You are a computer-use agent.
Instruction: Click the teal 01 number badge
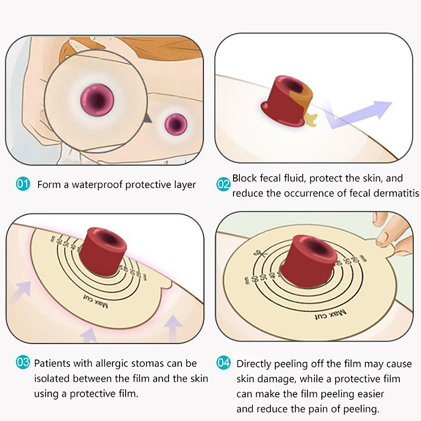click(x=23, y=184)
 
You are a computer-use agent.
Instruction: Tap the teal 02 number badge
click(x=223, y=184)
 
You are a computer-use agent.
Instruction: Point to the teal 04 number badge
click(x=223, y=363)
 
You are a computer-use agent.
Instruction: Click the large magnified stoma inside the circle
click(x=97, y=100)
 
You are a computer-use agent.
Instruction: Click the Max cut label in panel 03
click(x=96, y=301)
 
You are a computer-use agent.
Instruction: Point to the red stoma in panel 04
click(x=308, y=258)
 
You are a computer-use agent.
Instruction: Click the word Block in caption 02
click(x=245, y=178)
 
